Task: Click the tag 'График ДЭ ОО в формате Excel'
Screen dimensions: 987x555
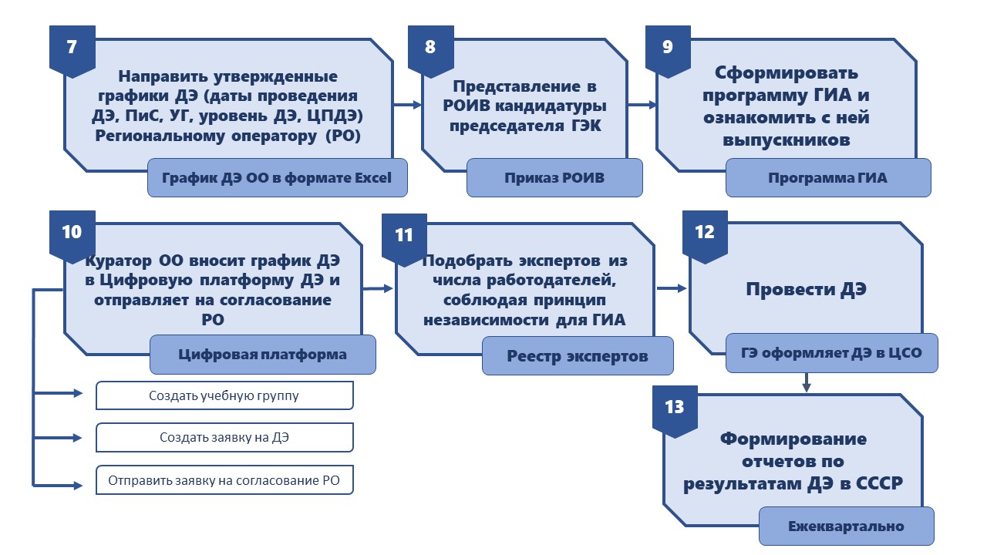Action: point(277,177)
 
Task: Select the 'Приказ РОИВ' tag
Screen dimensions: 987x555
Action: point(554,177)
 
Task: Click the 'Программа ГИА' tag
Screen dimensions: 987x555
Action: point(828,177)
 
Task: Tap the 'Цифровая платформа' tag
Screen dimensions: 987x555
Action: point(263,355)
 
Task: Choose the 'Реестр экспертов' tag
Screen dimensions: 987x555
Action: point(578,356)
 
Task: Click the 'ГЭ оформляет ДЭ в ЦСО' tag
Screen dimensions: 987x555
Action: point(832,353)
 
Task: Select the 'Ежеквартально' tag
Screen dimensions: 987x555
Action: point(847,526)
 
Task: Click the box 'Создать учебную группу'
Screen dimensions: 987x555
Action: point(224,395)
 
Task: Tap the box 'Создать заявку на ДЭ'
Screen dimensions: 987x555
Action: point(224,437)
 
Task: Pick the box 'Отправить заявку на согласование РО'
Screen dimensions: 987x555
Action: point(224,480)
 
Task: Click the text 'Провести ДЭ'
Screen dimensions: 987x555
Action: point(807,289)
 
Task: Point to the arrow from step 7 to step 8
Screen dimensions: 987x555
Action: point(408,105)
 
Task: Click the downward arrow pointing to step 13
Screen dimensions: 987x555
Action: point(807,382)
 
